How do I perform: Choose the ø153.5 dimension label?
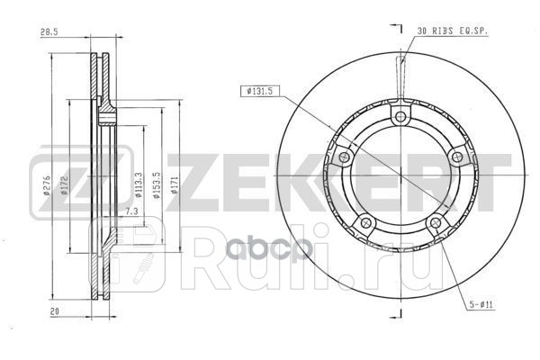[157, 185]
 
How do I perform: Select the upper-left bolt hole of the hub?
[343, 158]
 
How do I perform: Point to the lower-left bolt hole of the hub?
[364, 224]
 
